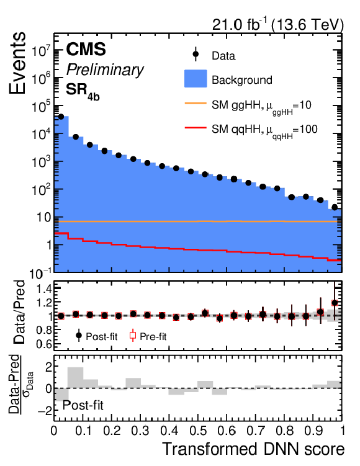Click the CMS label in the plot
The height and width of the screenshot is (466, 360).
click(x=86, y=50)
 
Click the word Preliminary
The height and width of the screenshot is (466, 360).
click(x=105, y=70)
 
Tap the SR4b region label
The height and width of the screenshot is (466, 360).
click(x=83, y=91)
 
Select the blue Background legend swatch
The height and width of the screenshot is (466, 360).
click(x=196, y=79)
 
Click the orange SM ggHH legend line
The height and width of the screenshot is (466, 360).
click(x=196, y=104)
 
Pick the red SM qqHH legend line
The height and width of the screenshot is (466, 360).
click(x=196, y=128)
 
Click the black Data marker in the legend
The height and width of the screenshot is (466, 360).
click(x=196, y=54)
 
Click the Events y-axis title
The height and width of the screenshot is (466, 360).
click(x=17, y=63)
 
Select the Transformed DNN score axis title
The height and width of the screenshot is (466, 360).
click(x=254, y=449)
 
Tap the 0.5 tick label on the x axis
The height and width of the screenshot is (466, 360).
click(x=197, y=430)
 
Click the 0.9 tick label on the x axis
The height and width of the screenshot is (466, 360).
click(x=313, y=430)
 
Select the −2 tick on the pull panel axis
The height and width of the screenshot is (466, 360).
click(x=43, y=410)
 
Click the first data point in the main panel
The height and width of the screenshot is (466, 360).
click(x=61, y=117)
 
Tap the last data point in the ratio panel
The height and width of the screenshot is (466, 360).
click(x=335, y=303)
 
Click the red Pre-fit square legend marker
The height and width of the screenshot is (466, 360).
click(x=133, y=336)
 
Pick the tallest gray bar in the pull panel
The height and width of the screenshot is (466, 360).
click(x=76, y=377)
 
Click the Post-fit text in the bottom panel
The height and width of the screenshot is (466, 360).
click(x=83, y=405)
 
